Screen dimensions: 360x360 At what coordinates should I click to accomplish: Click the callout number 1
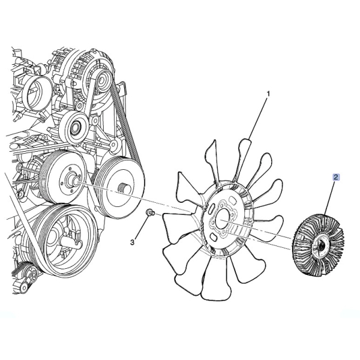click(x=268, y=94)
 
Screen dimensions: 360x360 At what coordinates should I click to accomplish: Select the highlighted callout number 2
click(x=337, y=177)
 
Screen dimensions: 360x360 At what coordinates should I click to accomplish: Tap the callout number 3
click(x=132, y=242)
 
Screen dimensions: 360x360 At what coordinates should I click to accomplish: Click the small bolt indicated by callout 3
click(x=150, y=212)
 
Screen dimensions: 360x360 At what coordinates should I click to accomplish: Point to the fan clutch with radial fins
click(x=319, y=245)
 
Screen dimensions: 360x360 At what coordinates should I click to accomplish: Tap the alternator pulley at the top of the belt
click(x=104, y=81)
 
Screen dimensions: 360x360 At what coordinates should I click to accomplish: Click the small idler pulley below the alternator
click(x=73, y=128)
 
